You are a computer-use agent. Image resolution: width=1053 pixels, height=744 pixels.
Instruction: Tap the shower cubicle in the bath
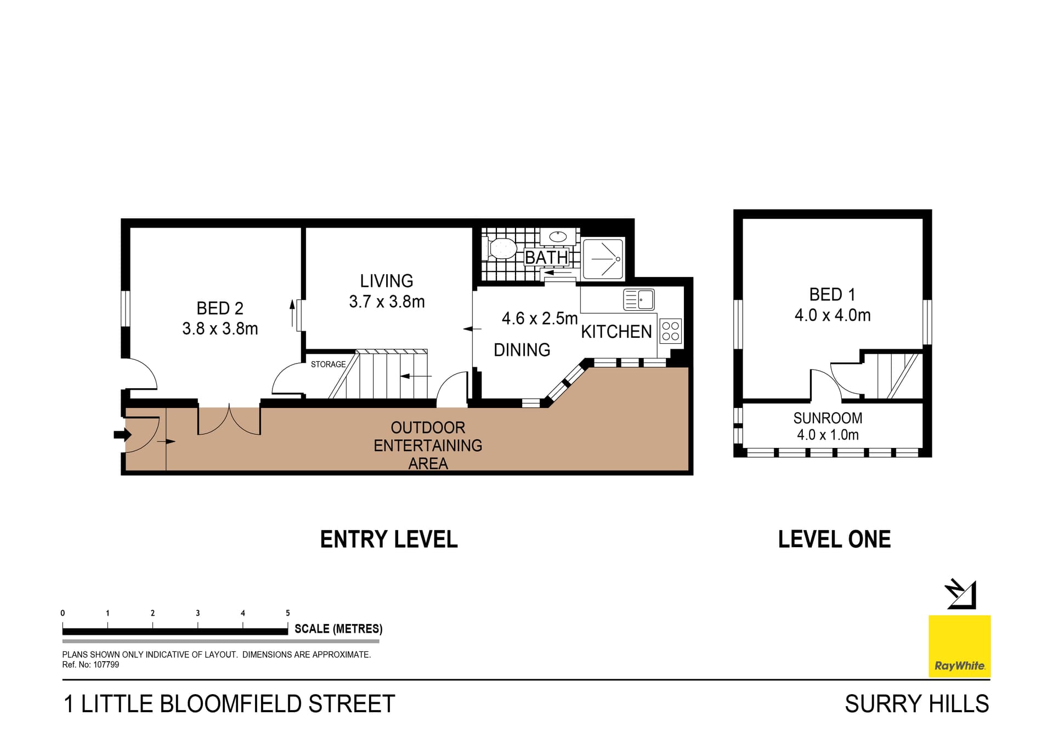click(x=603, y=259)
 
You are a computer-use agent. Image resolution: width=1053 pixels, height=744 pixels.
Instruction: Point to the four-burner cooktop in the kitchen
click(x=670, y=331)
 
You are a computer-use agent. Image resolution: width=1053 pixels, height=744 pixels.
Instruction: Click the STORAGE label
click(x=328, y=364)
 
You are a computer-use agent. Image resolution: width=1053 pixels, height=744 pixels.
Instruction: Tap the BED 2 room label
click(x=220, y=308)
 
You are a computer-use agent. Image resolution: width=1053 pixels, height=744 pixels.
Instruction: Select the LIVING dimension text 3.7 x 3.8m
click(x=387, y=302)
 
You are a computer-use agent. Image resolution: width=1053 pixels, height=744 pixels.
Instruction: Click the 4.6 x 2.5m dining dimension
click(x=540, y=319)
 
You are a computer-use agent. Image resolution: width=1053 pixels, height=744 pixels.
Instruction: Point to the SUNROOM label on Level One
click(x=828, y=418)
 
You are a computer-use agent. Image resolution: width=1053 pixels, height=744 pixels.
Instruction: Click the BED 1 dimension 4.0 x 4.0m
click(x=833, y=315)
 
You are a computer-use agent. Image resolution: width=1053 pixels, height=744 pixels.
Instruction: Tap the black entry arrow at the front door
click(x=122, y=435)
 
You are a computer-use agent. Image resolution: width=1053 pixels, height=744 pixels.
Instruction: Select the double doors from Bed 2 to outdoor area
click(x=229, y=421)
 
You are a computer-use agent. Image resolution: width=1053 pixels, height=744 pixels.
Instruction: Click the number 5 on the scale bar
click(x=288, y=613)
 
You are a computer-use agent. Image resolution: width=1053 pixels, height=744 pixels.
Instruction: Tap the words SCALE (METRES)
click(x=338, y=629)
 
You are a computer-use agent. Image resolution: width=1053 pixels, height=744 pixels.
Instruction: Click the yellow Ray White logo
click(x=959, y=646)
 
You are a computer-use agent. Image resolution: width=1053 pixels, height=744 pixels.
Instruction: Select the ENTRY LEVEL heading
click(x=389, y=539)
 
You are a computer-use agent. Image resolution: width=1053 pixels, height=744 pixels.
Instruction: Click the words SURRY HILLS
click(x=916, y=704)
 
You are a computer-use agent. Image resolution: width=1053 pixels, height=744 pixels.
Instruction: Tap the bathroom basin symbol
click(x=558, y=237)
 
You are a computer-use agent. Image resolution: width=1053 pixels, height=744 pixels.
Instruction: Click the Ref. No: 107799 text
click(x=90, y=665)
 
